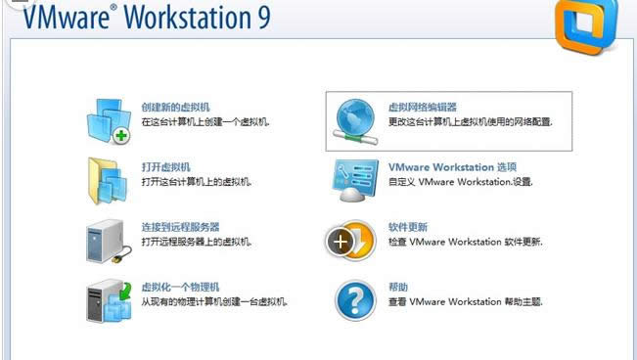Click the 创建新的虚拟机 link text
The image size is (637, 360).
tap(175, 107)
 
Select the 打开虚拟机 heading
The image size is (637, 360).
tap(165, 167)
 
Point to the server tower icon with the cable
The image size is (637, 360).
tap(108, 242)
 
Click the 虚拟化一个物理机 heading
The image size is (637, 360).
tap(180, 287)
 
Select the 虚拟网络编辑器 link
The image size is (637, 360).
tap(423, 107)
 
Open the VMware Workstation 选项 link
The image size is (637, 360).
tap(452, 167)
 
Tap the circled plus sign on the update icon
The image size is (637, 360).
tap(341, 241)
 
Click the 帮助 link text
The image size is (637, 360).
tap(398, 287)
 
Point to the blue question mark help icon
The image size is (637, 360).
tap(354, 300)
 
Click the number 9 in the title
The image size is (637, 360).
tap(260, 19)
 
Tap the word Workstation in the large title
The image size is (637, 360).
tap(182, 19)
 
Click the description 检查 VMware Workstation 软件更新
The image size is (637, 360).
tap(465, 242)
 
